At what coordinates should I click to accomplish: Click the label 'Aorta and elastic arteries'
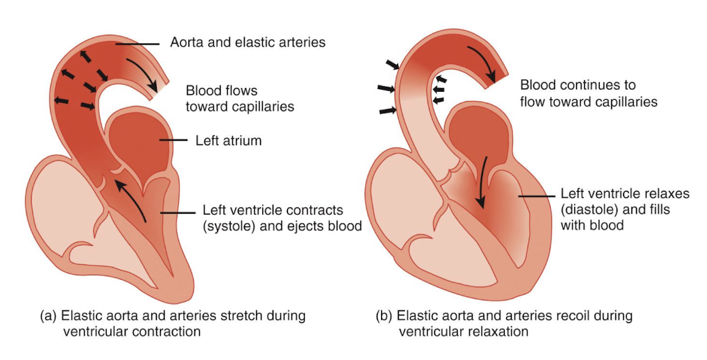(x=248, y=43)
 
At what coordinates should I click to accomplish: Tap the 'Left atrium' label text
(x=229, y=141)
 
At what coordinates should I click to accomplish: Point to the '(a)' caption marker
(x=47, y=317)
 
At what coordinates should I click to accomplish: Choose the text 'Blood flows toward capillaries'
(x=240, y=99)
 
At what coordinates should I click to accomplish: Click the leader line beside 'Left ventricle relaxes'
(x=535, y=196)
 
